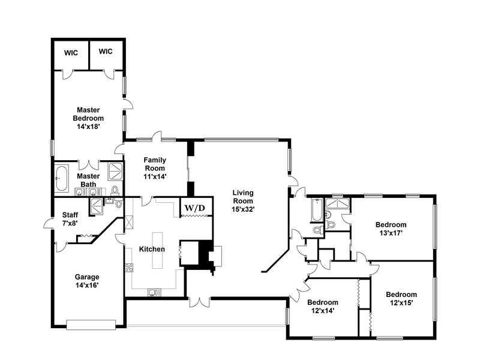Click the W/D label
194,208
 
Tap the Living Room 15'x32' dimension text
243,209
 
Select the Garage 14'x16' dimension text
87,286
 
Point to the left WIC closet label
71,53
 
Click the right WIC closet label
106,52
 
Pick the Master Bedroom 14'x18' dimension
88,127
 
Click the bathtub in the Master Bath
62,178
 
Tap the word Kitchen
152,249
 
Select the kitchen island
158,250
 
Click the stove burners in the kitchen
129,268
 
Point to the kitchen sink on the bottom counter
154,293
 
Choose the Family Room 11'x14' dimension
155,176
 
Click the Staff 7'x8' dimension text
70,223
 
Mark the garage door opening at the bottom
91,325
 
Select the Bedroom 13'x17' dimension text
391,233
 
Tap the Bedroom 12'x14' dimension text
323,311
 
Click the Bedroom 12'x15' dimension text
401,303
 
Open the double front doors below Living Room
200,302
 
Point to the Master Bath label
88,181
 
